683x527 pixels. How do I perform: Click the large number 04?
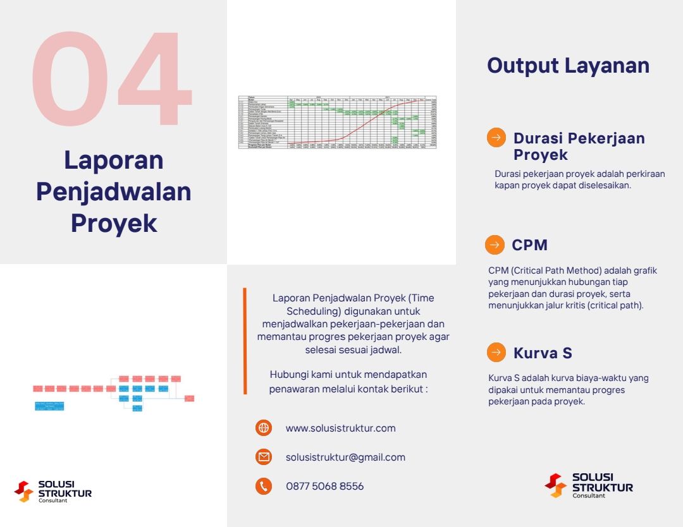pos(112,78)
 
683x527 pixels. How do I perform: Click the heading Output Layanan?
pos(568,66)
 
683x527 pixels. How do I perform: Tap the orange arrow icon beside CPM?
pos(495,245)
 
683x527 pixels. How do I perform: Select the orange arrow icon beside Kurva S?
pos(496,352)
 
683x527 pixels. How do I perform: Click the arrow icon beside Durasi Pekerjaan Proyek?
pos(496,138)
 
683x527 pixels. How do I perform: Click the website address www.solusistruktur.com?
pos(340,428)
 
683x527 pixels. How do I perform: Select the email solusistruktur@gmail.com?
pos(345,457)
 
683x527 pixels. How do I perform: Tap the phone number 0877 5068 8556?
pos(324,486)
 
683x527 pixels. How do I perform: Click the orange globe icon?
pos(264,428)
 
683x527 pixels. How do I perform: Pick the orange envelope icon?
pos(264,457)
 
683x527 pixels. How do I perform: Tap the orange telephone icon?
pos(264,486)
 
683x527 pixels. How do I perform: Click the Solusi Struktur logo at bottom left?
pos(53,491)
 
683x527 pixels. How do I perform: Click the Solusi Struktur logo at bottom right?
pos(588,485)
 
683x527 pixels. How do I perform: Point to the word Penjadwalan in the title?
pos(114,191)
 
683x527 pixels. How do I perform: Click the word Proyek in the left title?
pos(114,223)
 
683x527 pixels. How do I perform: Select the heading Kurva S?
pos(543,353)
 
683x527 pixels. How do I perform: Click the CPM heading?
pos(529,245)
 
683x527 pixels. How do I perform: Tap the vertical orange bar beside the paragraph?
pos(245,341)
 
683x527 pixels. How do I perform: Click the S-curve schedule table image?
pos(338,122)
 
